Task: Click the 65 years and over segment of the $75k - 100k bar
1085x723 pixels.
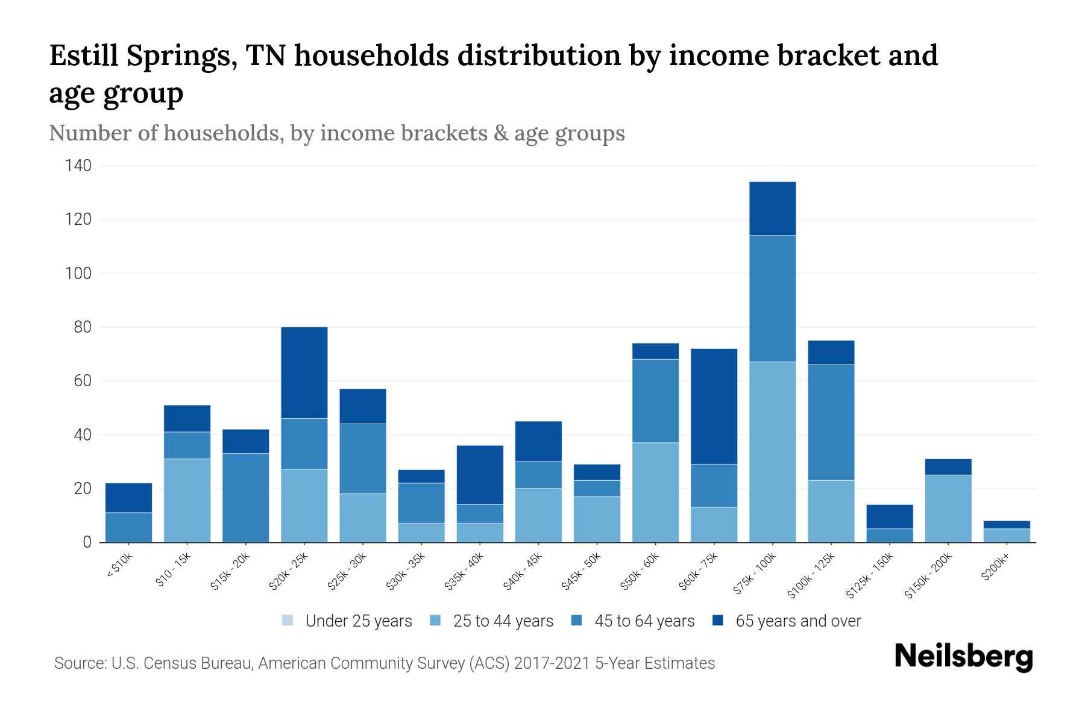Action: pos(772,208)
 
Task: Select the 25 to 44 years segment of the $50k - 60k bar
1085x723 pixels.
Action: pos(655,492)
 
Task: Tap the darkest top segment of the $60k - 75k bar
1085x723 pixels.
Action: pos(714,406)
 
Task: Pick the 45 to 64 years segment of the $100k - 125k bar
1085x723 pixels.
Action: pos(831,422)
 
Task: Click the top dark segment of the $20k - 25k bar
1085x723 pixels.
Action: pos(304,372)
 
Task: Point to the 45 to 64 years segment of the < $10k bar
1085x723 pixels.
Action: pos(128,527)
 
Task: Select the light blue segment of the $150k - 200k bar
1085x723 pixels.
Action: pos(948,509)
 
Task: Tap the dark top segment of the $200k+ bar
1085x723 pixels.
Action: pos(1007,525)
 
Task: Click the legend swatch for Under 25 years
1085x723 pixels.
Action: pos(288,621)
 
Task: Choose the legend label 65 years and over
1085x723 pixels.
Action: pos(798,621)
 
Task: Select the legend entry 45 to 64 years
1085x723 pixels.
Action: pos(644,621)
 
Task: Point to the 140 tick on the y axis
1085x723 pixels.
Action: pos(78,166)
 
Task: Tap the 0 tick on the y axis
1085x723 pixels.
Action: pos(87,542)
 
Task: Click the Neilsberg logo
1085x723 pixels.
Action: pos(963,657)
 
